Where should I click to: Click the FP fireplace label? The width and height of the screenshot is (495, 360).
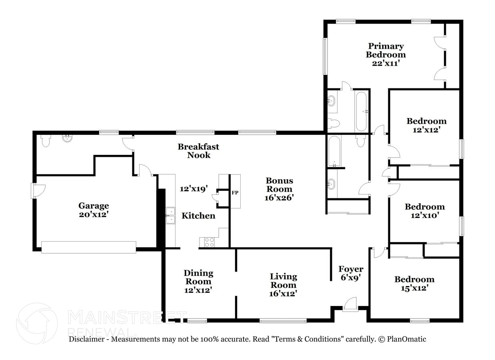click(235, 193)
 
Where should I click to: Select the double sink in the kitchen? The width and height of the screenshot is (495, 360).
click(171, 215)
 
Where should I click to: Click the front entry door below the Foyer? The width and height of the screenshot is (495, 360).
click(350, 305)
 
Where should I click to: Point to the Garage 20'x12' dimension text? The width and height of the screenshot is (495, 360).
click(94, 214)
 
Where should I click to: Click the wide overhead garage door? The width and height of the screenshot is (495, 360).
click(89, 247)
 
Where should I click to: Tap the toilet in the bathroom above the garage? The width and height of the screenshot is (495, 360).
click(46, 140)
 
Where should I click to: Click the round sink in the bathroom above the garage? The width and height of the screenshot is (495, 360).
click(67, 138)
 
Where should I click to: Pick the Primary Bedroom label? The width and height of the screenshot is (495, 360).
click(386, 50)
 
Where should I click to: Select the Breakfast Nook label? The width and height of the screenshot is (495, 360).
click(199, 151)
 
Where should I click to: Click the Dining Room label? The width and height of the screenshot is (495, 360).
click(198, 277)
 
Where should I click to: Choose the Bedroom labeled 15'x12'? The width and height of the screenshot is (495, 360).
click(414, 283)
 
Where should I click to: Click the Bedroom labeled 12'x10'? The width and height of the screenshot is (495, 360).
click(425, 211)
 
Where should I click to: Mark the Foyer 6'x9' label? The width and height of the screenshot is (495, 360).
click(351, 273)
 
